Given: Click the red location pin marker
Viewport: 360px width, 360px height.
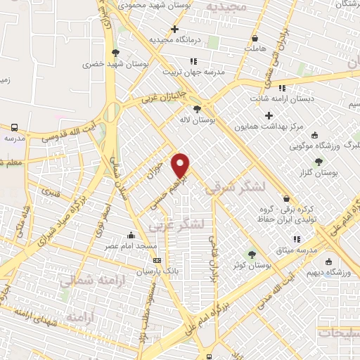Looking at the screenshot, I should click(181, 165).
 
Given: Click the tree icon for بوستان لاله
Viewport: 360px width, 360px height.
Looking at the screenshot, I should click(197, 109).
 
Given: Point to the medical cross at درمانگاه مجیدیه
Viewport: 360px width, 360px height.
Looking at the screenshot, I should click(174, 29).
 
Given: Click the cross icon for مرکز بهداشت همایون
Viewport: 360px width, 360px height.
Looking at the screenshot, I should click(269, 115).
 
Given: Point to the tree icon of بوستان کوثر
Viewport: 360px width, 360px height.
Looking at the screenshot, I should click(252, 254).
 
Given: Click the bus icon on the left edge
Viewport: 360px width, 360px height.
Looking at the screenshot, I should click(14, 127).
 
